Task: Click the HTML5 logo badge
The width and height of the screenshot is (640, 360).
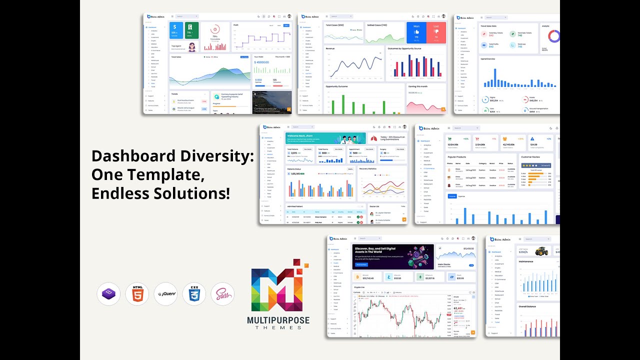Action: [x=137, y=294]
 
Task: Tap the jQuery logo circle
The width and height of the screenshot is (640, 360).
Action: [x=165, y=294]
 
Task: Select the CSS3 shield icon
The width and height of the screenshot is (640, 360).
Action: [x=194, y=294]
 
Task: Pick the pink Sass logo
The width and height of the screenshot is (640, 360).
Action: [x=222, y=294]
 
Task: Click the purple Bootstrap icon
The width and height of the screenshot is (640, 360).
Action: [x=108, y=294]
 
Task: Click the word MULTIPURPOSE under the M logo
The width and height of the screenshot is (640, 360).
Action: [x=278, y=320]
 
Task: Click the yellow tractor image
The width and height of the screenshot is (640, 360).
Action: [x=541, y=251]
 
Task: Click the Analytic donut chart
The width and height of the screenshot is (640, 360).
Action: [x=553, y=36]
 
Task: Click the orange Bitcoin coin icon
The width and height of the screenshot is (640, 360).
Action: [x=357, y=277]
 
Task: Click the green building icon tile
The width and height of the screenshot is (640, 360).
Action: [x=191, y=30]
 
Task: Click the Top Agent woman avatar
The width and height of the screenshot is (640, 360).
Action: [x=191, y=47]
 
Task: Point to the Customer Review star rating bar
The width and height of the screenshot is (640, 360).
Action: [x=536, y=165]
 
